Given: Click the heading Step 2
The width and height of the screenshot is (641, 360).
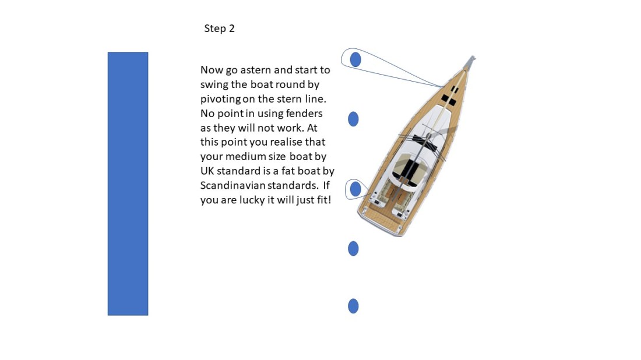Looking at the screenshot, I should (x=219, y=29).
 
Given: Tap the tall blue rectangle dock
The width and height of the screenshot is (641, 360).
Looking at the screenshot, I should (x=128, y=183).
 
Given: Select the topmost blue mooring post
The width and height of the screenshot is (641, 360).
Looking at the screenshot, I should (x=355, y=59).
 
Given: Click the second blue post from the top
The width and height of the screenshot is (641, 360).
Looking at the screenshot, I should (x=353, y=119).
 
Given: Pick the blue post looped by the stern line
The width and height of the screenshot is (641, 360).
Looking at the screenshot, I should (x=355, y=189).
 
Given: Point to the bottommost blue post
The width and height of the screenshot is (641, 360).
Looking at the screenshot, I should (x=353, y=306).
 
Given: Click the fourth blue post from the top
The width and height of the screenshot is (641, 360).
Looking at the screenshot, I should (x=353, y=249).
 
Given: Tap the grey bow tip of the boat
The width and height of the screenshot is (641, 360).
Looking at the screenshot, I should (x=471, y=60).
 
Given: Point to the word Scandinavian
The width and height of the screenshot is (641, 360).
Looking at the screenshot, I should (x=231, y=186).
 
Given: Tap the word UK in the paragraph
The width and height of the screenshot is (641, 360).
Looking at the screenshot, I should (x=208, y=171).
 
